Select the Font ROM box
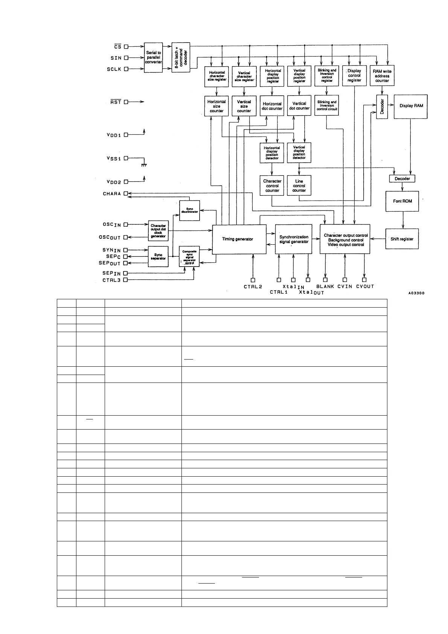click(402, 201)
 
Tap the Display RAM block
click(411, 106)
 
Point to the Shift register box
click(402, 239)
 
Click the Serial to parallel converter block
click(154, 58)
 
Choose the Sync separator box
click(158, 256)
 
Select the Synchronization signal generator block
click(294, 239)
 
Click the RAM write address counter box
click(382, 76)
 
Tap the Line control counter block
click(299, 186)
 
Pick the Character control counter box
click(272, 186)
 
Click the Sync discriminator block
click(190, 210)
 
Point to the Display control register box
click(354, 75)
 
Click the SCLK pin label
click(114, 69)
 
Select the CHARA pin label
click(112, 194)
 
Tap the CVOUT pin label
click(365, 287)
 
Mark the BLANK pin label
click(325, 287)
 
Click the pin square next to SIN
click(126, 58)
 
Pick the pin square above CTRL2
click(253, 280)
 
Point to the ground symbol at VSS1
click(143, 165)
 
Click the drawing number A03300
click(416, 294)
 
